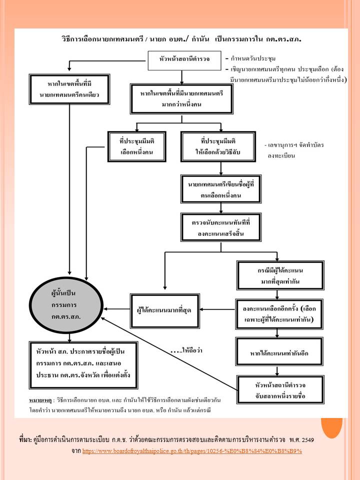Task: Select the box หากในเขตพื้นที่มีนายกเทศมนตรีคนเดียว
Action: (69, 90)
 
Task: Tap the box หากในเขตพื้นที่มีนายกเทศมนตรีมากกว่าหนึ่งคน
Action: (182, 99)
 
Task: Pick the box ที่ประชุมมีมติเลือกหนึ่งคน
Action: (136, 147)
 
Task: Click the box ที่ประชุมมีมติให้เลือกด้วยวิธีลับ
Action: (217, 147)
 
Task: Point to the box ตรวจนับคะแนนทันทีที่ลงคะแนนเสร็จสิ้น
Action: (218, 228)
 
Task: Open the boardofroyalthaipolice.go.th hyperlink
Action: (192, 451)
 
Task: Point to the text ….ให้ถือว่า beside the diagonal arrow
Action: (187, 350)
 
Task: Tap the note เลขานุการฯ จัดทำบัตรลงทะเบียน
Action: (295, 150)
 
